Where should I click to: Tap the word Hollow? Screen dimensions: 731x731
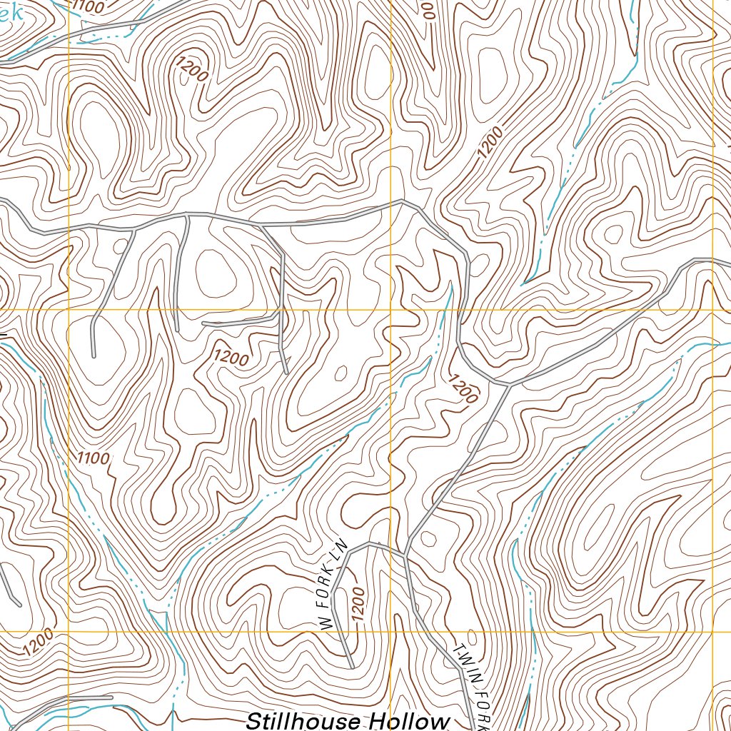[x=409, y=720]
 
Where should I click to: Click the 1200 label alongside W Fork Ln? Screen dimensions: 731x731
[x=358, y=606]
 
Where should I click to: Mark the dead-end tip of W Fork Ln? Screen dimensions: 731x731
[x=353, y=667]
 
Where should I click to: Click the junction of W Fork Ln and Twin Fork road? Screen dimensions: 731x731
[x=405, y=555]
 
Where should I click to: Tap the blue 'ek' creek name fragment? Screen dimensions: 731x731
[x=10, y=13]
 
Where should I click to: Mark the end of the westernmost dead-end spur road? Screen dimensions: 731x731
[x=94, y=355]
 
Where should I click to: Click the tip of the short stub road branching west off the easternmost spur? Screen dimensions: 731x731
[x=204, y=323]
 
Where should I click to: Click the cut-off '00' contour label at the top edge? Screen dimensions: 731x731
[x=428, y=9]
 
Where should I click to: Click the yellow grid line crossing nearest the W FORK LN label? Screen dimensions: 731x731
[x=390, y=632]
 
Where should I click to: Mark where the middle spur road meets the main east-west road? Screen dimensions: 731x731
[x=187, y=214]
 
